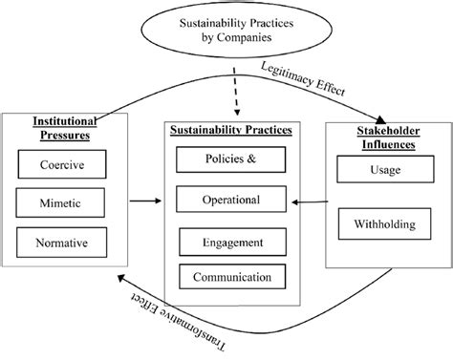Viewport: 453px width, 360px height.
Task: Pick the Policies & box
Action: [230, 158]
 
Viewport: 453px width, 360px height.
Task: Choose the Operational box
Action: [230, 200]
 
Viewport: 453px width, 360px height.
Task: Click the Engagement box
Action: [230, 243]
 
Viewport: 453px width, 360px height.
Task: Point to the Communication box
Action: [230, 278]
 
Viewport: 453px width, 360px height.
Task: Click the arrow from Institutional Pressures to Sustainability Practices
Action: [142, 201]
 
